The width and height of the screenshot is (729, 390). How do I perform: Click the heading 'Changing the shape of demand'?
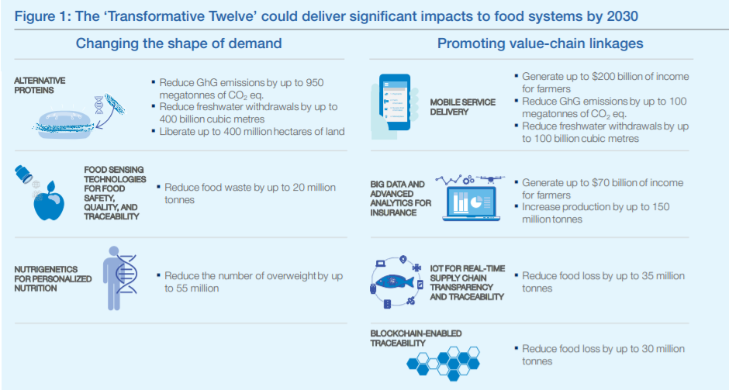(x=178, y=43)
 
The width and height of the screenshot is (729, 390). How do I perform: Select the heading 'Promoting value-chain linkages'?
(x=541, y=43)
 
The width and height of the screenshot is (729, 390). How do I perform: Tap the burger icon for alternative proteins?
(x=64, y=122)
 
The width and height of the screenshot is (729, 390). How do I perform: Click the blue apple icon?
(x=49, y=201)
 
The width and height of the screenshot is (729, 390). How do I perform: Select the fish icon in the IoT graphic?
(x=395, y=281)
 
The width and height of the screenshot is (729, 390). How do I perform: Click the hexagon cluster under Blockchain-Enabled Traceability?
(x=444, y=361)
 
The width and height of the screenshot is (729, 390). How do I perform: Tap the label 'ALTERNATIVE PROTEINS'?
(x=40, y=85)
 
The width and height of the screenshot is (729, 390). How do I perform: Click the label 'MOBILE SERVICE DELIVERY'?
(x=462, y=107)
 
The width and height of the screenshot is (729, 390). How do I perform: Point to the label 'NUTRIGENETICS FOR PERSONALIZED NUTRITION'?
(x=53, y=278)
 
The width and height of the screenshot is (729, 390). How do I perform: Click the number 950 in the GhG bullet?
(x=314, y=83)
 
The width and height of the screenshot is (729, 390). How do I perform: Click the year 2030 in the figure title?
(x=622, y=16)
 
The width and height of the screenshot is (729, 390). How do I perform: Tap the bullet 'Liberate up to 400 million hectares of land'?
(x=252, y=132)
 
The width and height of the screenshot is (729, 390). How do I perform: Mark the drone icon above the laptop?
(x=490, y=179)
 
